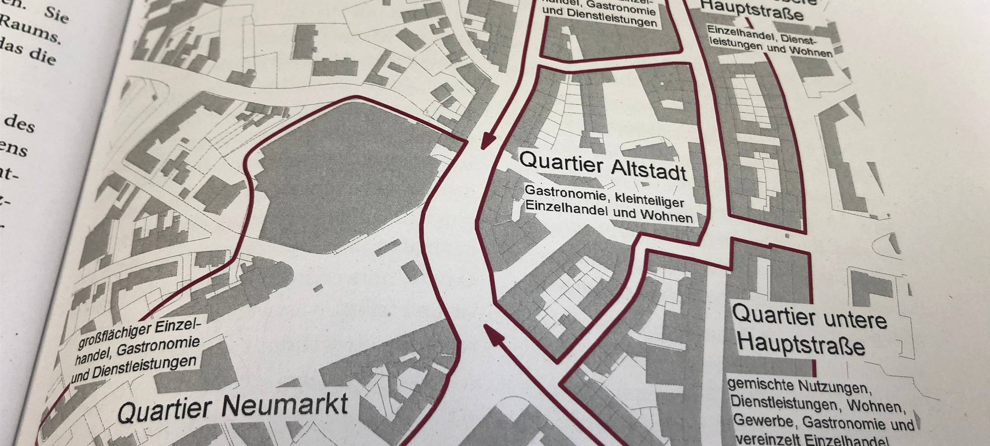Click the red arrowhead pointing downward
(486, 141)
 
